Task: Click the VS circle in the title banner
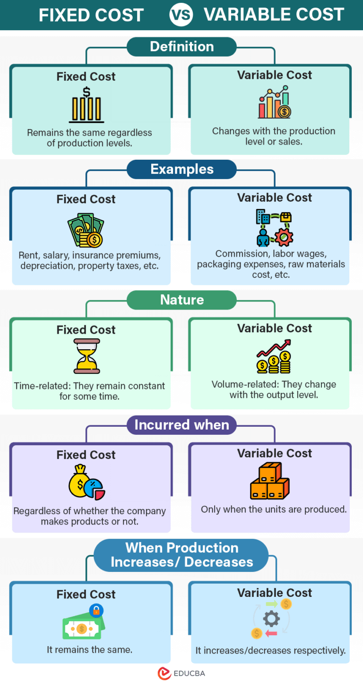[181, 15]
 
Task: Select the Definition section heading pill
[181, 47]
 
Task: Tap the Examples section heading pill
[181, 169]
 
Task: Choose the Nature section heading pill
[181, 300]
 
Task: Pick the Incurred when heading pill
[181, 425]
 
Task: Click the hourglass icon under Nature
[86, 356]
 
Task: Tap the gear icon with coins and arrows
[271, 619]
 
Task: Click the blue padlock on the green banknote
[96, 611]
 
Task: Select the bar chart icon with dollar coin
[274, 103]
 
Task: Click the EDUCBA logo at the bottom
[181, 673]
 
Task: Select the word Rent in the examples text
[28, 256]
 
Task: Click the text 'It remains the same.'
[89, 650]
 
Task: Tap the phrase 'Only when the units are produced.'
[274, 509]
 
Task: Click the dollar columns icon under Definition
[86, 105]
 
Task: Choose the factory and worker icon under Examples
[274, 227]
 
